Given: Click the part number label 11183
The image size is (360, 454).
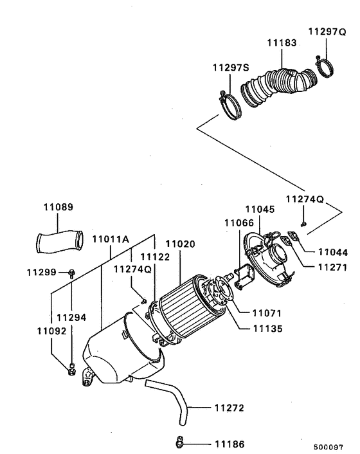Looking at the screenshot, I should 282,43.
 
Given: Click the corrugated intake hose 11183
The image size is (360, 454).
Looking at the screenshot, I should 276,84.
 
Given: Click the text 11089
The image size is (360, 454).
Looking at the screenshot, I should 59,208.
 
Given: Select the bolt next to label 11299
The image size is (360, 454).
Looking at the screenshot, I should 71,273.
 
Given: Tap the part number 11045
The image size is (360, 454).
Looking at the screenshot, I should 260,209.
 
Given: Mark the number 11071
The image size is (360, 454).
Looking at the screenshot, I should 266,313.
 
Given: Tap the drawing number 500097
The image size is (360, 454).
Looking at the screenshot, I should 328,446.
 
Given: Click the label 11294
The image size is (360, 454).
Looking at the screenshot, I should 71,317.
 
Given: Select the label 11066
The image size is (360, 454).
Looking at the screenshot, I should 239,222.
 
